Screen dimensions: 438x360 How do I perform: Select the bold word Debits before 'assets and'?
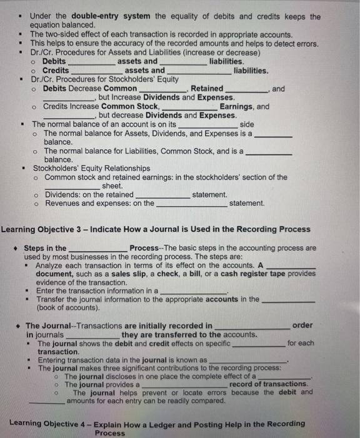(54, 61)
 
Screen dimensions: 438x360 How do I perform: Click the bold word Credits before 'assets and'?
(56, 71)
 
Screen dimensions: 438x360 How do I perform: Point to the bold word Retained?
(206, 89)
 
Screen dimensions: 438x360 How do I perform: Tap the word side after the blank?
(247, 125)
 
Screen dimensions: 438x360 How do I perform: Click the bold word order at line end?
(302, 325)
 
